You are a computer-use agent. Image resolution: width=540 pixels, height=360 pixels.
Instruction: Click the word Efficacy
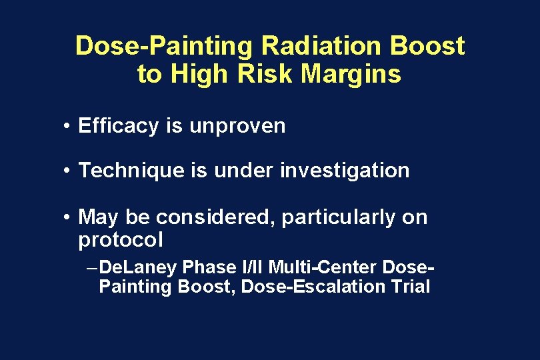pyautogui.click(x=117, y=126)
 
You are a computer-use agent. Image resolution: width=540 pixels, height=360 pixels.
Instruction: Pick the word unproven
pyautogui.click(x=237, y=126)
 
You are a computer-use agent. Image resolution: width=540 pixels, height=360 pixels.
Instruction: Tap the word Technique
pyautogui.click(x=131, y=171)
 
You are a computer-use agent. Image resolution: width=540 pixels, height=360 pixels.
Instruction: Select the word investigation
pyautogui.click(x=345, y=171)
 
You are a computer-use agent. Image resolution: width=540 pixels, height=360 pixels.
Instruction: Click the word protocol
pyautogui.click(x=120, y=239)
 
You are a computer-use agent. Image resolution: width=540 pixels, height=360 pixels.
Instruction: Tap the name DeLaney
pyautogui.click(x=141, y=268)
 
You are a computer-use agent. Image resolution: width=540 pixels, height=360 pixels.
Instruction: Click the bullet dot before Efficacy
pyautogui.click(x=69, y=127)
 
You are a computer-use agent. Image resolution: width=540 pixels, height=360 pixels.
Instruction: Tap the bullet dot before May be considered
pyautogui.click(x=69, y=218)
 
